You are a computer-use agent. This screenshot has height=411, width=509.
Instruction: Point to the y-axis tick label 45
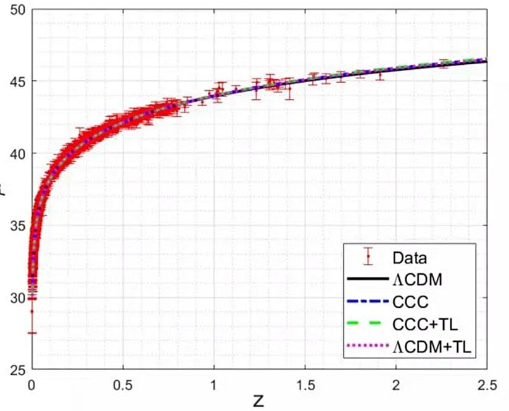click(x=17, y=82)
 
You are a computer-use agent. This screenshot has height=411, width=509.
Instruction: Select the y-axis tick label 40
click(x=17, y=153)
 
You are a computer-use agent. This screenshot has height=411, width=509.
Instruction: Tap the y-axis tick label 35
click(x=17, y=226)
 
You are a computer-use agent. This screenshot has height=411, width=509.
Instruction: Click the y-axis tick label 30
click(x=17, y=298)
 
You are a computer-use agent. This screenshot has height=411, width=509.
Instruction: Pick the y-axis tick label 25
click(x=17, y=370)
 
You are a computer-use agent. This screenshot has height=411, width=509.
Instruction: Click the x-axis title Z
click(x=258, y=401)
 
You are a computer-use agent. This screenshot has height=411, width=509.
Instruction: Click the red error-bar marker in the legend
click(x=368, y=256)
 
